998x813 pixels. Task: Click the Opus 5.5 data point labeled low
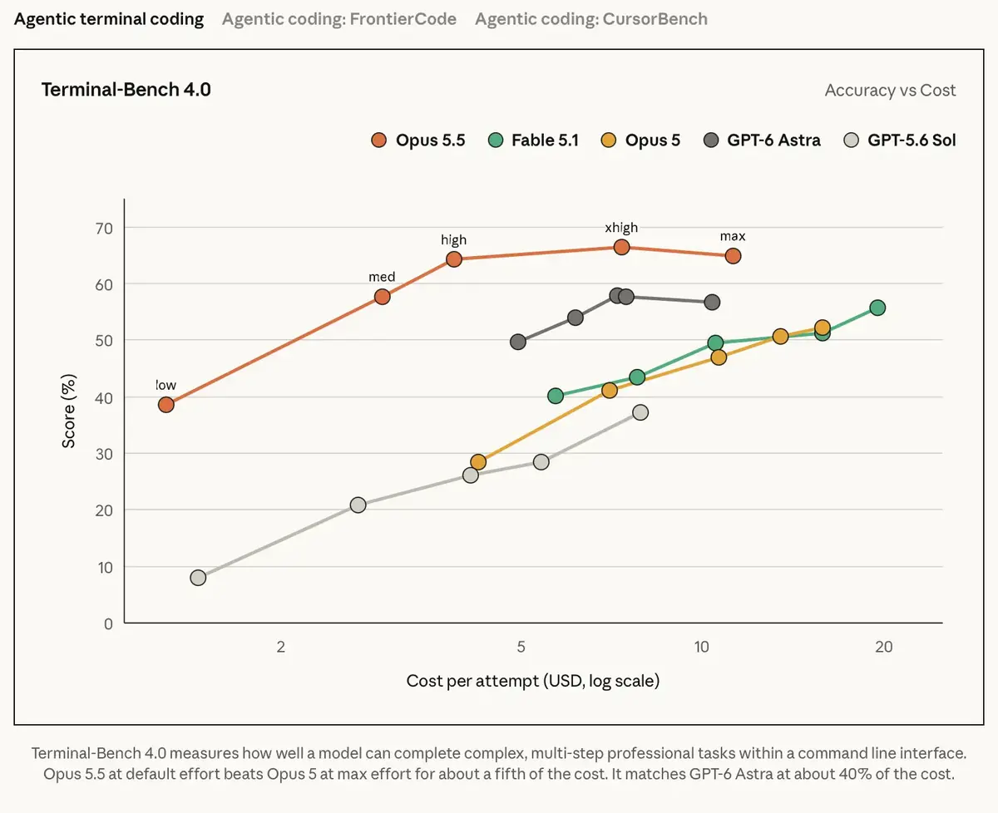point(166,405)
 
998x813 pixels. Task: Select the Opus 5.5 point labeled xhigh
point(621,247)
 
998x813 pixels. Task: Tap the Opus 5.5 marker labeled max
point(733,256)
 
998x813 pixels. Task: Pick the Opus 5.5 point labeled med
point(383,297)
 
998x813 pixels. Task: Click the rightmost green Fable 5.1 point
point(877,308)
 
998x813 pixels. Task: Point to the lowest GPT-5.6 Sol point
point(198,578)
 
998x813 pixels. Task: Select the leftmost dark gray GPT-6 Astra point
point(518,342)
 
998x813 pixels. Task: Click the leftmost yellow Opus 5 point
point(478,462)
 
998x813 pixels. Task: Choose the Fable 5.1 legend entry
point(534,140)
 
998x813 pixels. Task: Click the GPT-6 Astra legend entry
point(763,140)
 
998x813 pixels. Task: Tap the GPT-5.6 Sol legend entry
point(900,140)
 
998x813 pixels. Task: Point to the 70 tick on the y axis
point(104,229)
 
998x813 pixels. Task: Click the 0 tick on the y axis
point(108,623)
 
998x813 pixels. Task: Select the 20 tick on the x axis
point(884,647)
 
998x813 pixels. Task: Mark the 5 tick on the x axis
point(521,647)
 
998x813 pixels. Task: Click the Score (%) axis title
point(68,411)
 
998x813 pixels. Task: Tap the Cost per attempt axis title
point(533,681)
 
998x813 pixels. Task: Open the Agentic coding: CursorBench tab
point(591,19)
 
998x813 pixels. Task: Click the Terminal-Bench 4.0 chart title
point(126,90)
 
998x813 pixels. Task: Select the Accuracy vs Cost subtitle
point(890,90)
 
